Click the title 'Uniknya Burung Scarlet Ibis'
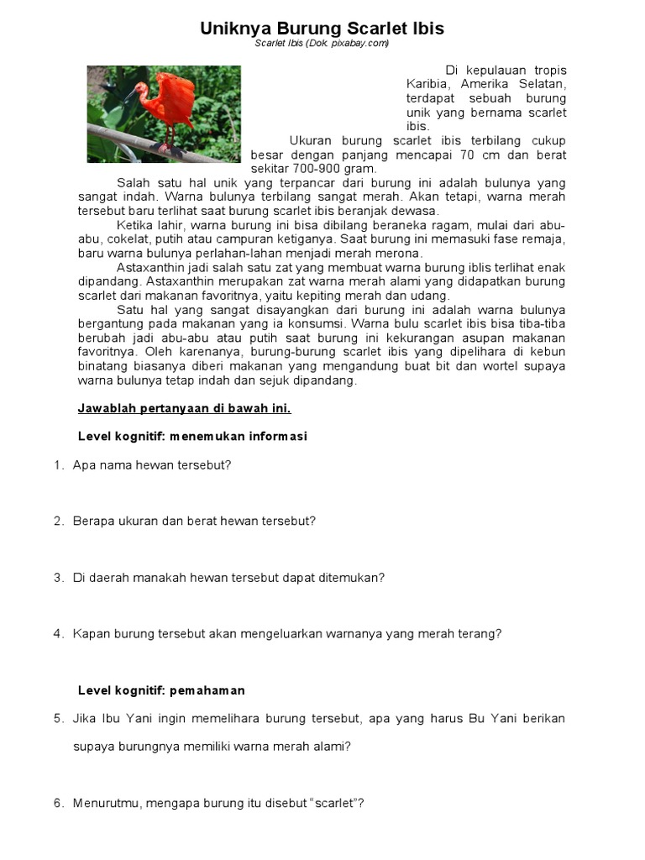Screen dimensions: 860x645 tap(322, 29)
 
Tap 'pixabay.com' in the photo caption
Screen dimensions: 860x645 tap(363, 44)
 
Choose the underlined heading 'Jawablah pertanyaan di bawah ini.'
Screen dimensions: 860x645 tap(184, 409)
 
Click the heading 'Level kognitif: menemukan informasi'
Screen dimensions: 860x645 tap(192, 437)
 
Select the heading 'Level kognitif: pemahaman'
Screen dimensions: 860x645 tap(161, 690)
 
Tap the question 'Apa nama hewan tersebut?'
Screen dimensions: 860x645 tap(152, 464)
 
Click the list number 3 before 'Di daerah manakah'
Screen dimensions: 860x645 tap(58, 578)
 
